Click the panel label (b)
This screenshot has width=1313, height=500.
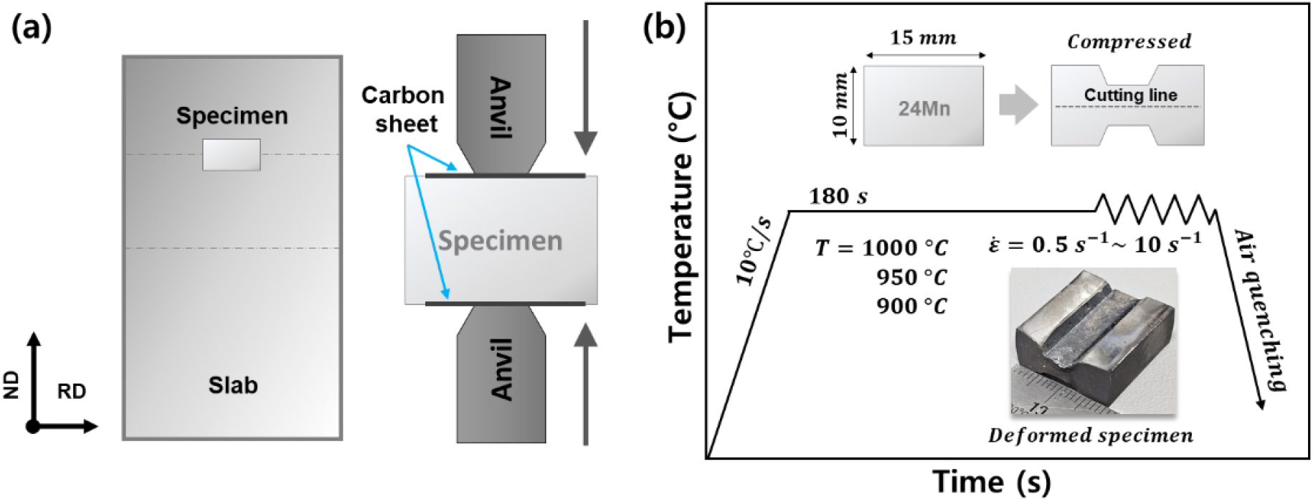tap(664, 27)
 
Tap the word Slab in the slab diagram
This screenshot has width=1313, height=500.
tap(233, 385)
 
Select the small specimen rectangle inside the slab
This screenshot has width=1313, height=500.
tap(231, 155)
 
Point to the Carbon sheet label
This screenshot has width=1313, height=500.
tap(403, 109)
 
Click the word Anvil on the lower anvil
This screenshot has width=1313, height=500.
tap(501, 369)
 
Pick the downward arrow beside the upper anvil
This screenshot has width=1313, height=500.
tap(586, 86)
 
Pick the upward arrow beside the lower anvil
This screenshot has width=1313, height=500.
tap(586, 384)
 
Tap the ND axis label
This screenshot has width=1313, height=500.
tap(11, 385)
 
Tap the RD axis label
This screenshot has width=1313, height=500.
tap(72, 391)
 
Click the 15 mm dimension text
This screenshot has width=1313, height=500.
tap(923, 38)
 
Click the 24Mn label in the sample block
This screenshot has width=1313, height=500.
tap(924, 109)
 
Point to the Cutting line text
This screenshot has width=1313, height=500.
tap(1130, 95)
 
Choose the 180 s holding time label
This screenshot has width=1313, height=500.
tap(838, 196)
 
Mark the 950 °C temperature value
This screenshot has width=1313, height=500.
tap(911, 277)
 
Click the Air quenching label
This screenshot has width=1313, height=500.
tap(1259, 310)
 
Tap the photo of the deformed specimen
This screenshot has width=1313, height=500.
tap(1093, 341)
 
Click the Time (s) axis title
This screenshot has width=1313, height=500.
tap(991, 481)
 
